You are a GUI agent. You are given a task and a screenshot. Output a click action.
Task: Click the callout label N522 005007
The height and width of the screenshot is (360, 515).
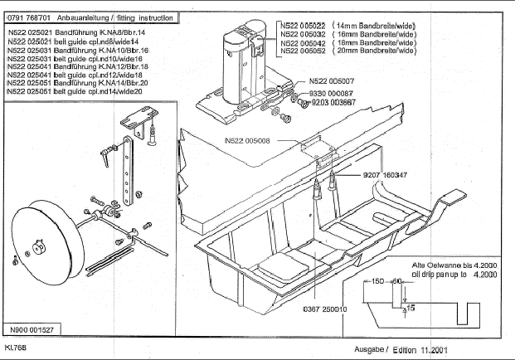[x=331, y=81]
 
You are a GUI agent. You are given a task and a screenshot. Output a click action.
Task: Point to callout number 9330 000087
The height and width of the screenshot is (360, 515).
[x=332, y=94]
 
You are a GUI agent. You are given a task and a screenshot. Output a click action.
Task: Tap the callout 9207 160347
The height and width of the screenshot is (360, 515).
[x=384, y=175]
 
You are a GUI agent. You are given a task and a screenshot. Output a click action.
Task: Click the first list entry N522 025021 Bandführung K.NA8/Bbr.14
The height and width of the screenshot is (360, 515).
[x=63, y=31]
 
